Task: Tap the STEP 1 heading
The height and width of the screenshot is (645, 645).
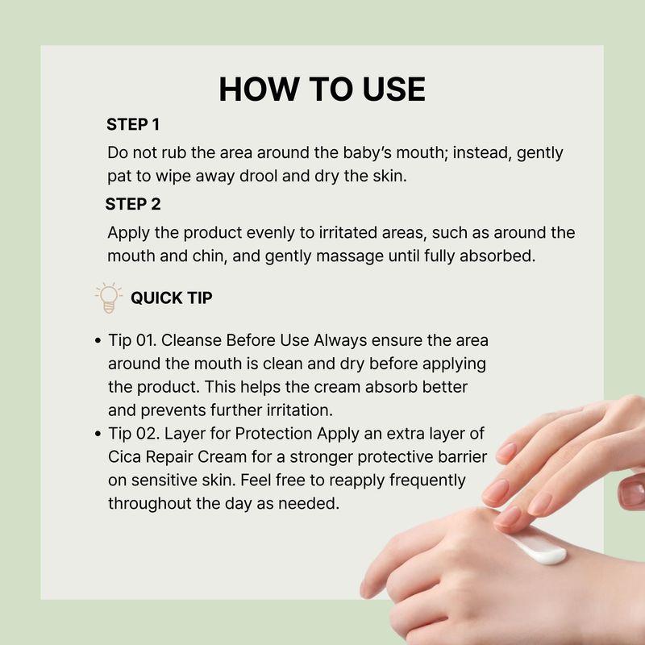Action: [x=133, y=125]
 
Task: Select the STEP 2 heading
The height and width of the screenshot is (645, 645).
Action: [x=133, y=204]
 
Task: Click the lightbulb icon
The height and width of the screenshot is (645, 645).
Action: [x=109, y=298]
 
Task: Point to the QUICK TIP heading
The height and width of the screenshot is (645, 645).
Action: [x=172, y=298]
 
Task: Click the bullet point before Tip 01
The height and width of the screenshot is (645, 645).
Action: [x=98, y=340]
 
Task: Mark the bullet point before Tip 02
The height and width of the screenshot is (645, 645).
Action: [x=98, y=434]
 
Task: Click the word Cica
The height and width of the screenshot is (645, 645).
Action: [x=125, y=456]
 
